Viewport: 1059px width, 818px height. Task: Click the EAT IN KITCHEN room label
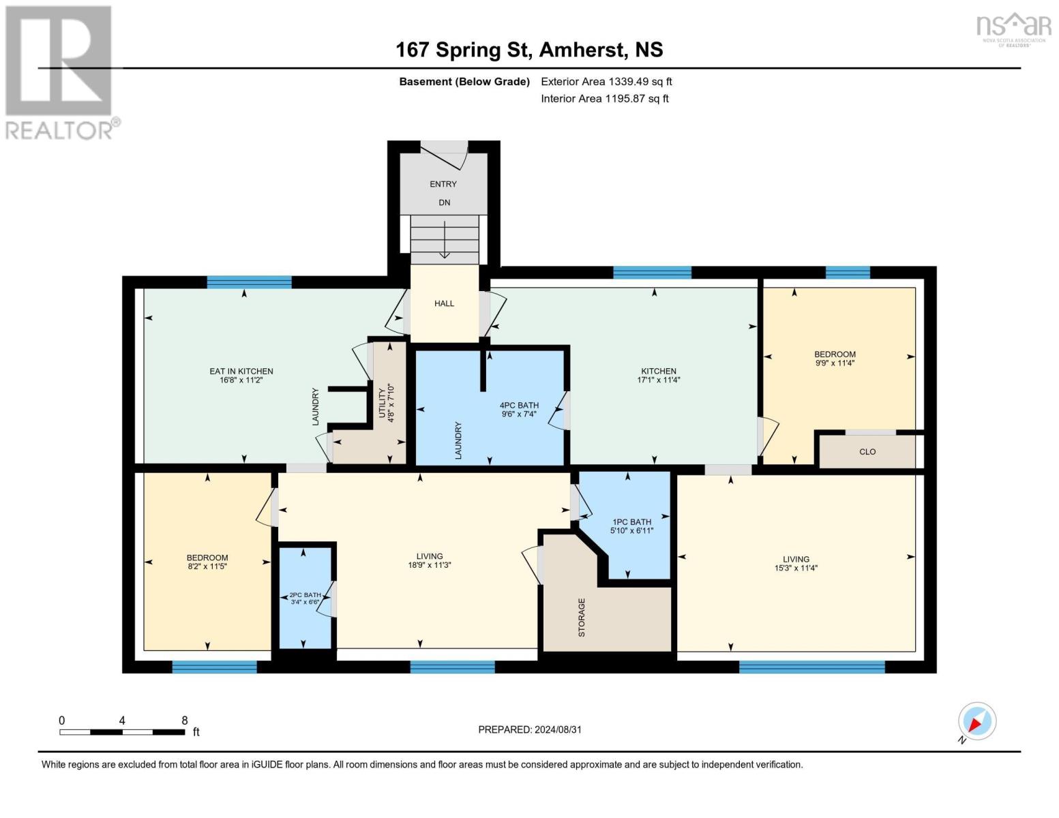pos(241,372)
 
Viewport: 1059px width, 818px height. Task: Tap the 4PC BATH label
pos(519,405)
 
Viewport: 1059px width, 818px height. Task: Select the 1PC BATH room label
pos(631,522)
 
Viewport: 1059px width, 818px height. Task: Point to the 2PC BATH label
pos(305,595)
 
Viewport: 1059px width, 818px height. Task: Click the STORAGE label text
pos(582,618)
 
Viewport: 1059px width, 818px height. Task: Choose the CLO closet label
pos(867,452)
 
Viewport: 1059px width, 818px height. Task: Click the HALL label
pos(444,303)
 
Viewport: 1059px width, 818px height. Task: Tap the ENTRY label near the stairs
pos(443,184)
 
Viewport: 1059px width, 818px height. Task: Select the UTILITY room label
pos(382,404)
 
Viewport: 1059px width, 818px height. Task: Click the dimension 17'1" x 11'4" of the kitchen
pos(658,380)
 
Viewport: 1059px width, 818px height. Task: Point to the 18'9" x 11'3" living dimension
pos(430,565)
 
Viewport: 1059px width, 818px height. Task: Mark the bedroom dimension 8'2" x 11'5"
pos(207,566)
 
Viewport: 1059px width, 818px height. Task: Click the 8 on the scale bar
pos(184,721)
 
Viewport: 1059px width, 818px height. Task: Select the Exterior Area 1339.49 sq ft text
pos(606,82)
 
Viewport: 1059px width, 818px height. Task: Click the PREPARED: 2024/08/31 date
pos(530,729)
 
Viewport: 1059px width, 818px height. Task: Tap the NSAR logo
pos(1013,27)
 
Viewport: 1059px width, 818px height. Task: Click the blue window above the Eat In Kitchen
pos(249,282)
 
